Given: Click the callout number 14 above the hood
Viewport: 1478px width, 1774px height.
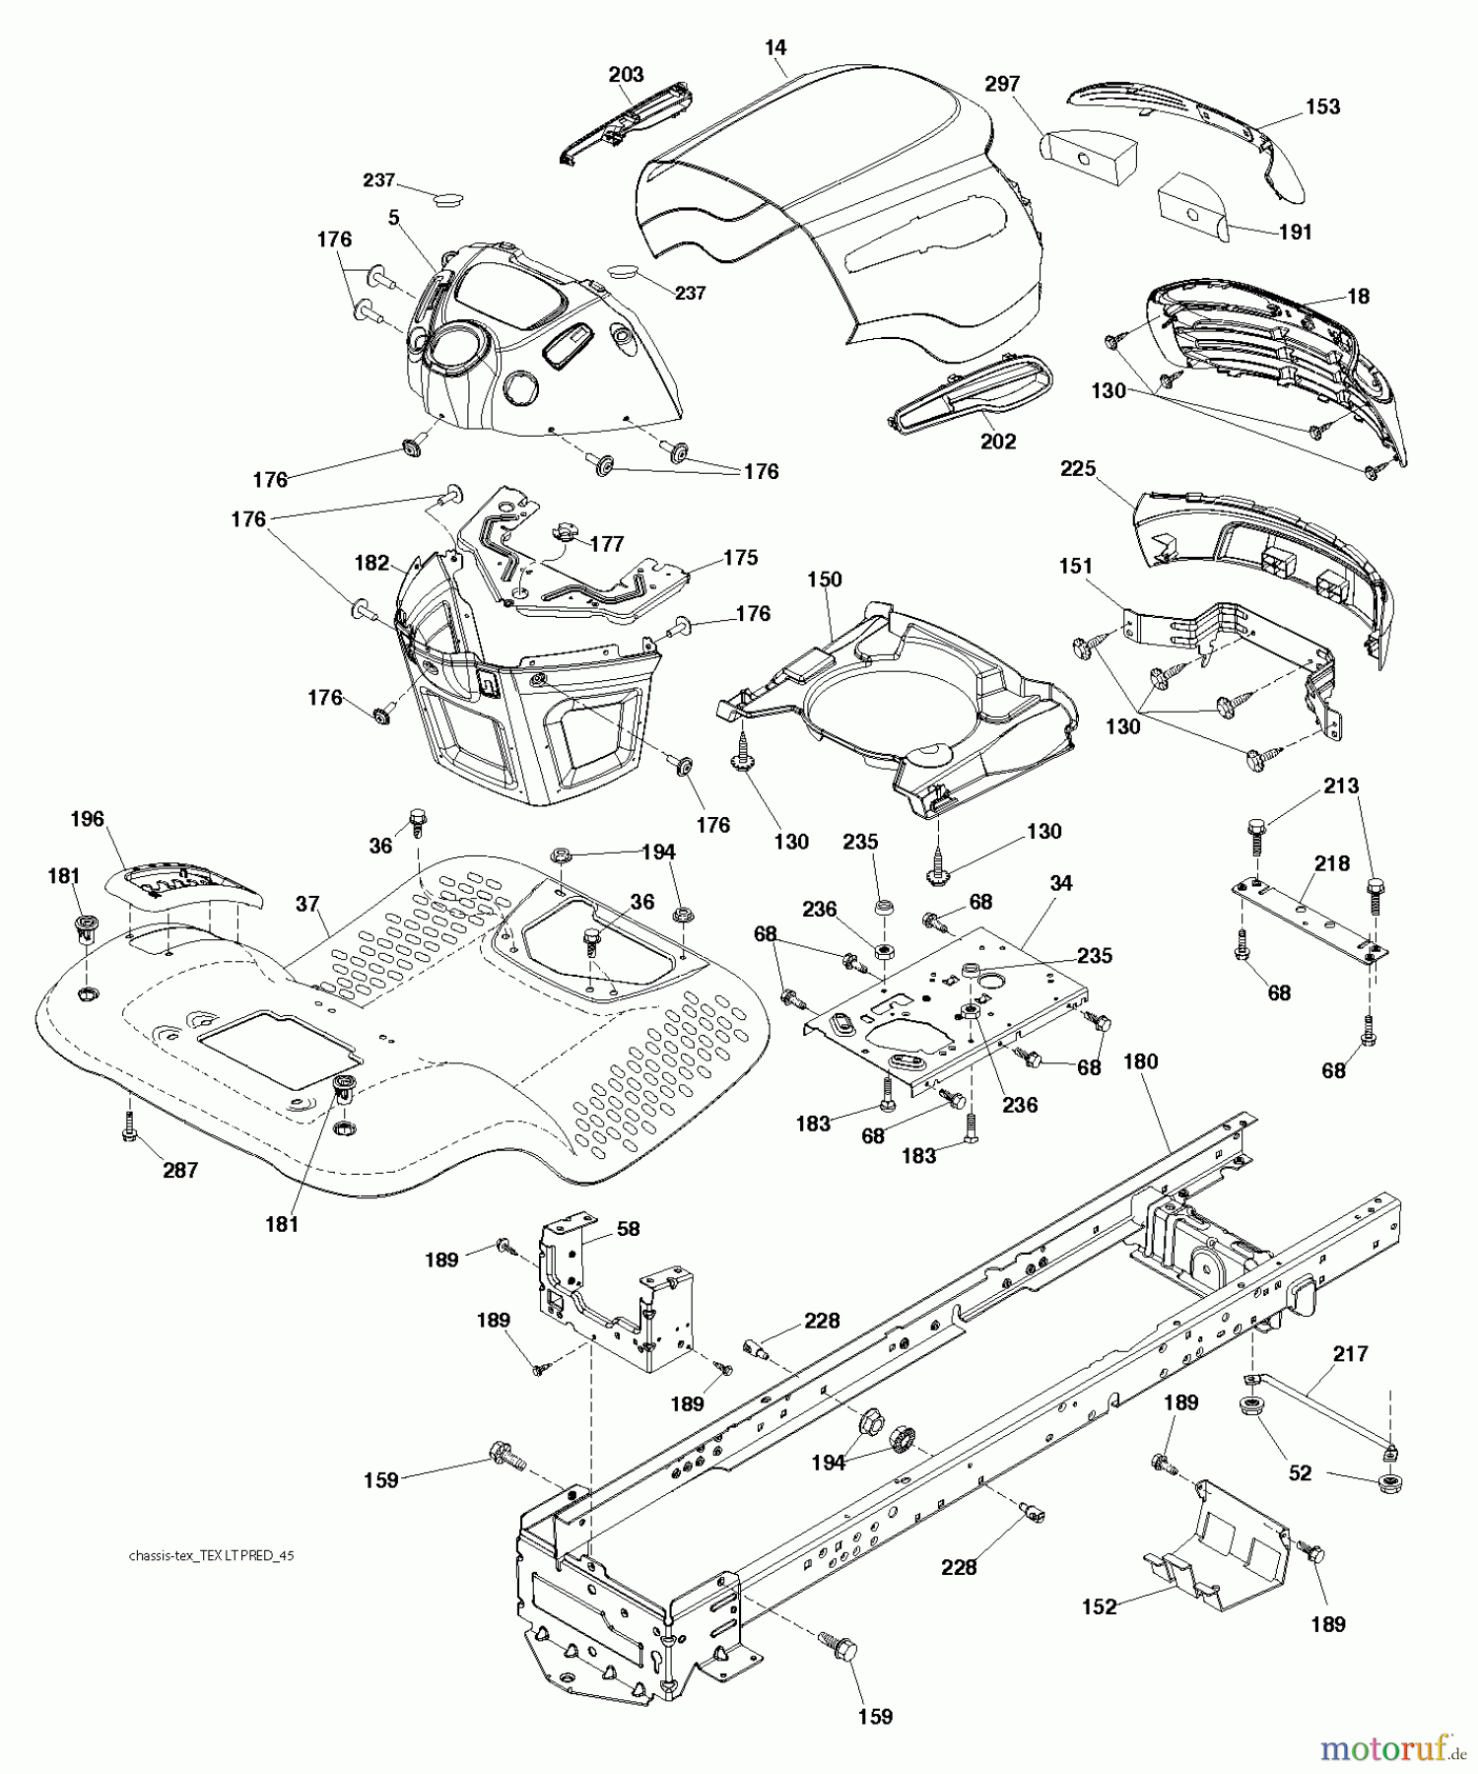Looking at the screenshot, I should [774, 47].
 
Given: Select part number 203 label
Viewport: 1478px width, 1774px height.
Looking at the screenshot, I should [626, 74].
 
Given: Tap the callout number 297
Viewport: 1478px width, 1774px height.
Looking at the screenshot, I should [1001, 85].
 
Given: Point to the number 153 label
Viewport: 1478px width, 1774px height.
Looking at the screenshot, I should [1322, 106].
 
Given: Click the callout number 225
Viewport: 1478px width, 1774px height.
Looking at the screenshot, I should [1078, 469].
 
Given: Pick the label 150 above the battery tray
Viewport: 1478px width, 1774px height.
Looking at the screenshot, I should [824, 579].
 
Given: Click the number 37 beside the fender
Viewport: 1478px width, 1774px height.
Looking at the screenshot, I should [307, 903].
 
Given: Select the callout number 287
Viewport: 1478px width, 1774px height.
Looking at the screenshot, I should [180, 1170].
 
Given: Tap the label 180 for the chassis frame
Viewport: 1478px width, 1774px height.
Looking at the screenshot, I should [1140, 1061].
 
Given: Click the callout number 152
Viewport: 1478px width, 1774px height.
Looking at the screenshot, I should [1100, 1607].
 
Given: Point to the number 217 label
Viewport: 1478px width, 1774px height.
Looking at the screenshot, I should [1350, 1354].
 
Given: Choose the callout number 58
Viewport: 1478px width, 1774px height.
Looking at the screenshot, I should [628, 1229].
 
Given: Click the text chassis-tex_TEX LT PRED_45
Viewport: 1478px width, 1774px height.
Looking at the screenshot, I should [212, 1556].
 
